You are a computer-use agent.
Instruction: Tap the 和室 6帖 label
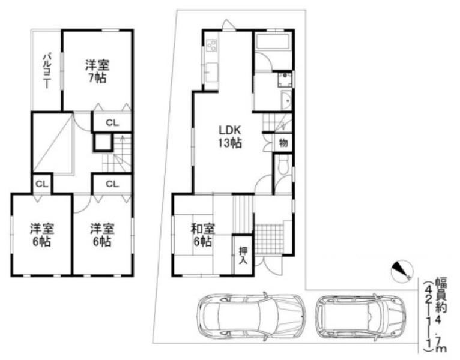pyautogui.click(x=202, y=235)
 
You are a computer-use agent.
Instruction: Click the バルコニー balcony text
pyautogui.click(x=46, y=71)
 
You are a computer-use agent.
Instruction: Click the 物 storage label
pyautogui.click(x=283, y=143)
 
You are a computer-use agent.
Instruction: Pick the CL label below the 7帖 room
pyautogui.click(x=112, y=123)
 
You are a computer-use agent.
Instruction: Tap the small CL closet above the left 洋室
pyautogui.click(x=41, y=184)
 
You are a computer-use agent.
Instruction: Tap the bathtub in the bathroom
pyautogui.click(x=273, y=44)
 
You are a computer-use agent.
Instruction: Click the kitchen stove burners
pyautogui.click(x=212, y=45)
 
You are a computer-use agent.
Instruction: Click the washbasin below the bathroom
pyautogui.click(x=286, y=100)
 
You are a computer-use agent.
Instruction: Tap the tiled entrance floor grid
pyautogui.click(x=268, y=236)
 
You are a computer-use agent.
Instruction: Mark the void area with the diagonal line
pyautogui.click(x=52, y=143)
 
